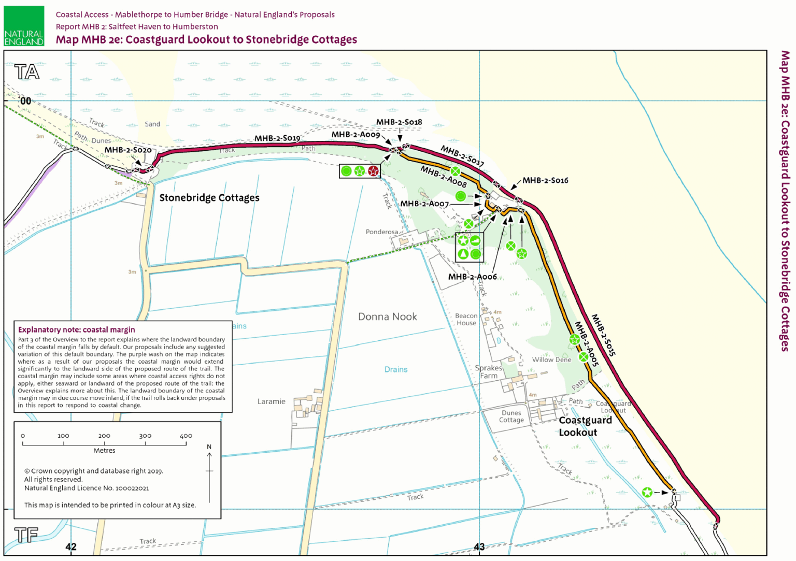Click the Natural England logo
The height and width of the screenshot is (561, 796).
(24, 26)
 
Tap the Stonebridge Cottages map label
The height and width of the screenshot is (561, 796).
(209, 198)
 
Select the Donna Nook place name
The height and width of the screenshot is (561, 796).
(387, 317)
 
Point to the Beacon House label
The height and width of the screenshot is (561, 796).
(466, 320)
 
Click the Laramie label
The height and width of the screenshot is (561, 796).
(271, 401)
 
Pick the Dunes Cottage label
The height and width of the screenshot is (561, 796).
(511, 416)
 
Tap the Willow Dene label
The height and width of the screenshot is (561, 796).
(551, 359)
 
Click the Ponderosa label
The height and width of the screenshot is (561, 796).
(382, 232)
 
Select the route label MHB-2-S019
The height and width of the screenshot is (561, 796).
(277, 138)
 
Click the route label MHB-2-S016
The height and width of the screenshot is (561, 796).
(545, 180)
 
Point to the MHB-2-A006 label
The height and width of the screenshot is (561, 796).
(472, 277)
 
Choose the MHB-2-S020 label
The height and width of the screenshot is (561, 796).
(128, 150)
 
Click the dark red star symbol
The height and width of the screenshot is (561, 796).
(373, 171)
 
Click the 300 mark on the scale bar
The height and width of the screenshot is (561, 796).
(145, 436)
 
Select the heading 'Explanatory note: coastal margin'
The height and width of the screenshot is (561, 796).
(77, 329)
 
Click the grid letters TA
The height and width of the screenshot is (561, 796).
(27, 72)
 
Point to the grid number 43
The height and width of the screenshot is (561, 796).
(479, 546)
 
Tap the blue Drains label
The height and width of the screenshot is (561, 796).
(396, 369)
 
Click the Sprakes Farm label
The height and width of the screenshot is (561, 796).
(489, 372)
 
